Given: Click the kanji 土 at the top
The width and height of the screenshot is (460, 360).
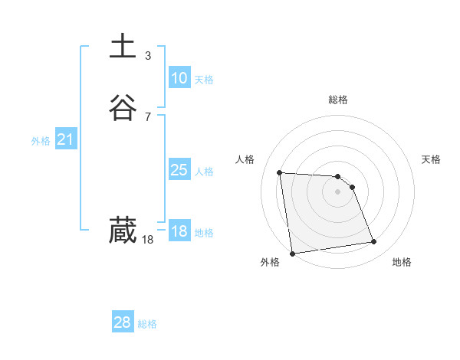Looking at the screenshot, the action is pyautogui.click(x=123, y=46).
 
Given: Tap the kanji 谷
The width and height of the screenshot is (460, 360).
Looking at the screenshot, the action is pyautogui.click(x=123, y=108).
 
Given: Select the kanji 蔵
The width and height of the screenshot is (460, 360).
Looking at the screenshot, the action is pyautogui.click(x=123, y=231).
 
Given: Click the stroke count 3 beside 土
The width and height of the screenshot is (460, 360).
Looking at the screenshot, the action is pyautogui.click(x=148, y=55).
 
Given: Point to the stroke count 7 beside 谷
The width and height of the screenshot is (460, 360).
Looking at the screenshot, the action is pyautogui.click(x=148, y=117).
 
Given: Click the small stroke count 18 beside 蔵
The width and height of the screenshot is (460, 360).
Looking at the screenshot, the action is pyautogui.click(x=148, y=240).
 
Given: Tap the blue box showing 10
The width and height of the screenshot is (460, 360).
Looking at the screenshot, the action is pyautogui.click(x=179, y=78).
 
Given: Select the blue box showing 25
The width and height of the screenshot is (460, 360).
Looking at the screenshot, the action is pyautogui.click(x=179, y=170).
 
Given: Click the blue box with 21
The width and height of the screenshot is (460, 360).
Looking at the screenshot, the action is pyautogui.click(x=65, y=139).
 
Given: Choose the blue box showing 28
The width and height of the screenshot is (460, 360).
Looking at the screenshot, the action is pyautogui.click(x=122, y=322).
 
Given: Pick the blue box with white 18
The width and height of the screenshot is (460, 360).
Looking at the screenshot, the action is pyautogui.click(x=179, y=231).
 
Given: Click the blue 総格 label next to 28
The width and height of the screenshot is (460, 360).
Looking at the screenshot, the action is pyautogui.click(x=147, y=324).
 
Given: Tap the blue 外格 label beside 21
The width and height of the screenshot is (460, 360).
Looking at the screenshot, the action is pyautogui.click(x=41, y=141).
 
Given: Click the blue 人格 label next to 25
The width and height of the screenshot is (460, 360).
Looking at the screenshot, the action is pyautogui.click(x=205, y=172).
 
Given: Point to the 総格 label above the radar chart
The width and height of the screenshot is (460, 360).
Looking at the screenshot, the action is pyautogui.click(x=338, y=100).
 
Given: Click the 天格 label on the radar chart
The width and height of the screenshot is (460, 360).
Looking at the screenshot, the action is pyautogui.click(x=431, y=159).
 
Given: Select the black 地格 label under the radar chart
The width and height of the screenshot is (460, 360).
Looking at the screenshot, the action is pyautogui.click(x=402, y=262).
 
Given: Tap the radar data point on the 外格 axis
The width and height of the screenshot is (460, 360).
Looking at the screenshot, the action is pyautogui.click(x=291, y=254).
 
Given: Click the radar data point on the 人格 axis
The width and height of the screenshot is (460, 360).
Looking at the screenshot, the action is pyautogui.click(x=280, y=172).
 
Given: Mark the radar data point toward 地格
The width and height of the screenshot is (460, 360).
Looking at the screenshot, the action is pyautogui.click(x=374, y=242).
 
